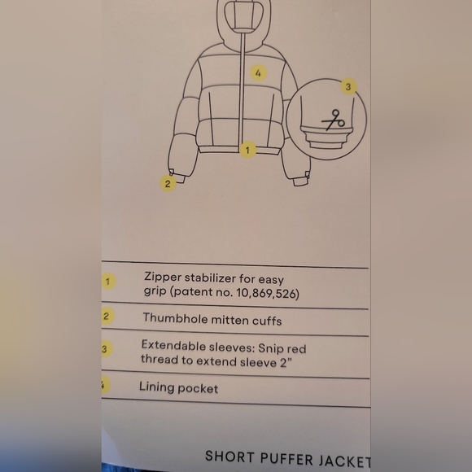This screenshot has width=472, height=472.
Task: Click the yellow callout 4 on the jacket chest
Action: (258, 73)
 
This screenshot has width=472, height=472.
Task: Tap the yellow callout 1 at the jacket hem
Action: (247, 150)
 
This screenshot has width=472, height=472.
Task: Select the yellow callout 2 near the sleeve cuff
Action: (168, 184)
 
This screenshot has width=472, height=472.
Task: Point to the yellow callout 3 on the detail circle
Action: (348, 87)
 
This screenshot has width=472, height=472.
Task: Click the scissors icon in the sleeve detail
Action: (333, 120)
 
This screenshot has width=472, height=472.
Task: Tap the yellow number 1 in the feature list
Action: (107, 282)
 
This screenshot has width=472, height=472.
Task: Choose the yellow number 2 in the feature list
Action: (106, 316)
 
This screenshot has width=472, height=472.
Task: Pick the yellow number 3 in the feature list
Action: (105, 349)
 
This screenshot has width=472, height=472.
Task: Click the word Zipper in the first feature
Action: (163, 278)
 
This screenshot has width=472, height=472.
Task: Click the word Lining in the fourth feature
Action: (156, 387)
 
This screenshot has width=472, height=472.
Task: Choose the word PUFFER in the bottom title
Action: (286, 458)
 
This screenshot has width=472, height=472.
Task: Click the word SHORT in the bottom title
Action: (229, 457)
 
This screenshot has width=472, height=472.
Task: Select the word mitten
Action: (230, 320)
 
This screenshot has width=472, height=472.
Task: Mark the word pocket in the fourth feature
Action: (198, 389)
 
